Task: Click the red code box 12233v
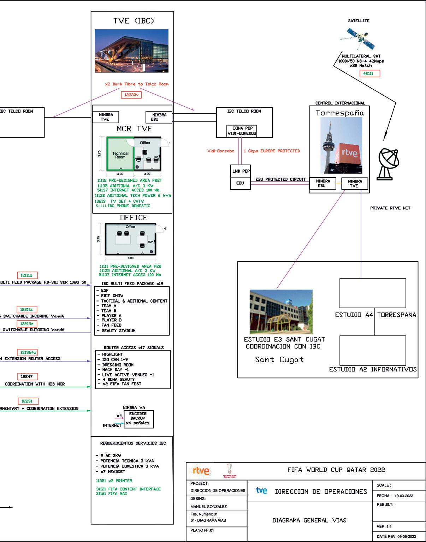click(131, 95)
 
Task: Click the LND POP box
click(241, 171)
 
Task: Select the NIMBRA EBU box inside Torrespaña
click(323, 183)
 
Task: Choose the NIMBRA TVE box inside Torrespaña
click(354, 183)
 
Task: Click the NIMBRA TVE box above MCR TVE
click(105, 117)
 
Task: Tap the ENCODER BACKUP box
click(138, 419)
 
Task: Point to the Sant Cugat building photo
click(281, 312)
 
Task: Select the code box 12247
click(27, 376)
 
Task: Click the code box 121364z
click(27, 352)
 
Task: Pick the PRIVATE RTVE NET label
click(390, 208)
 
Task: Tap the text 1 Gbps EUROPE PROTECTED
click(272, 151)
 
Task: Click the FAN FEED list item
click(111, 325)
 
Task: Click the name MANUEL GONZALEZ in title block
click(208, 507)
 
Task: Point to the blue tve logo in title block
click(261, 490)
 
